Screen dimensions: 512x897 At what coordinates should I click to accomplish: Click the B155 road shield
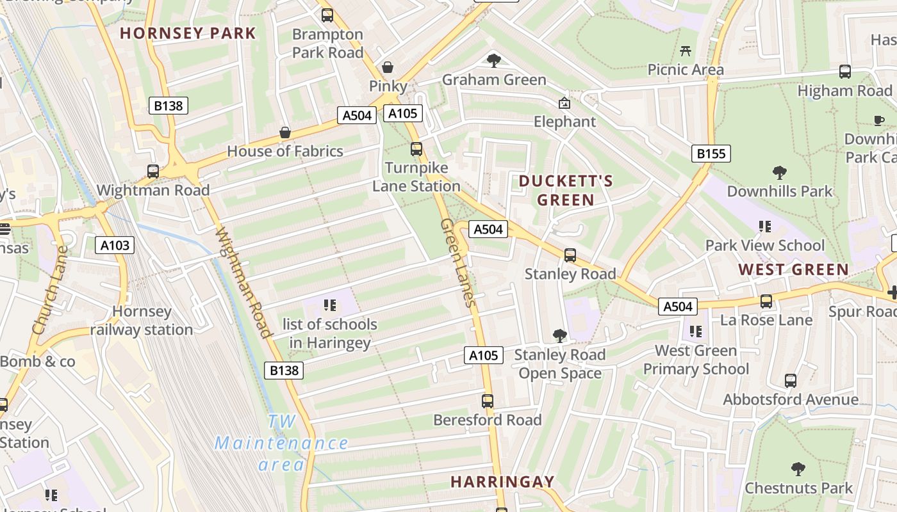pos(711,154)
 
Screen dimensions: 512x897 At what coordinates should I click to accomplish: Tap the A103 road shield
pos(115,244)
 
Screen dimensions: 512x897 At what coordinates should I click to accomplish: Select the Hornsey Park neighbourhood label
pos(188,33)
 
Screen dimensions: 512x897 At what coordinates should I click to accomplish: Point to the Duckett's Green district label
pos(566,191)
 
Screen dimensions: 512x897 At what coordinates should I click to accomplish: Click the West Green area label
pos(794,269)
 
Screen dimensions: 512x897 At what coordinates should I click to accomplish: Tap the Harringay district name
pos(502,481)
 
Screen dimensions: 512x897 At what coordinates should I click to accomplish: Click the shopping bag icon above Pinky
pos(388,67)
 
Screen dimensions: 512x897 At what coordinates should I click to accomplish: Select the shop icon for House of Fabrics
pos(285,132)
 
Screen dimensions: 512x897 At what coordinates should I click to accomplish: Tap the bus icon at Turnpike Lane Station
pos(416,149)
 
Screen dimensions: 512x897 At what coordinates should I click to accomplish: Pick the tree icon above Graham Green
pos(493,61)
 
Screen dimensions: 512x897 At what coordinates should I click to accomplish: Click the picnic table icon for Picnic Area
pos(686,51)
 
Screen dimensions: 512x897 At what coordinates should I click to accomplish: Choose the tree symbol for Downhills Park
pos(780,172)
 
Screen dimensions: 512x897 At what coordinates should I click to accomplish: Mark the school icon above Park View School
pos(764,226)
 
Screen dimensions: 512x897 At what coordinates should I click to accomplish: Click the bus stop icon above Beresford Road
pos(488,401)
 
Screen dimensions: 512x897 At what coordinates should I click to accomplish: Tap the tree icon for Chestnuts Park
pos(798,469)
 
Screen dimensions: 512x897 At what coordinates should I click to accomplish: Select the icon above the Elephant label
pos(564,103)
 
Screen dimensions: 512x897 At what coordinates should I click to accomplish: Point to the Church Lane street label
pos(49,289)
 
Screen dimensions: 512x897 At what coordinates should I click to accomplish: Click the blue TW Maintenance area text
pos(282,443)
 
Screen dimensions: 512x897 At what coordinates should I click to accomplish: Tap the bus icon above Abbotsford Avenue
pos(791,381)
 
